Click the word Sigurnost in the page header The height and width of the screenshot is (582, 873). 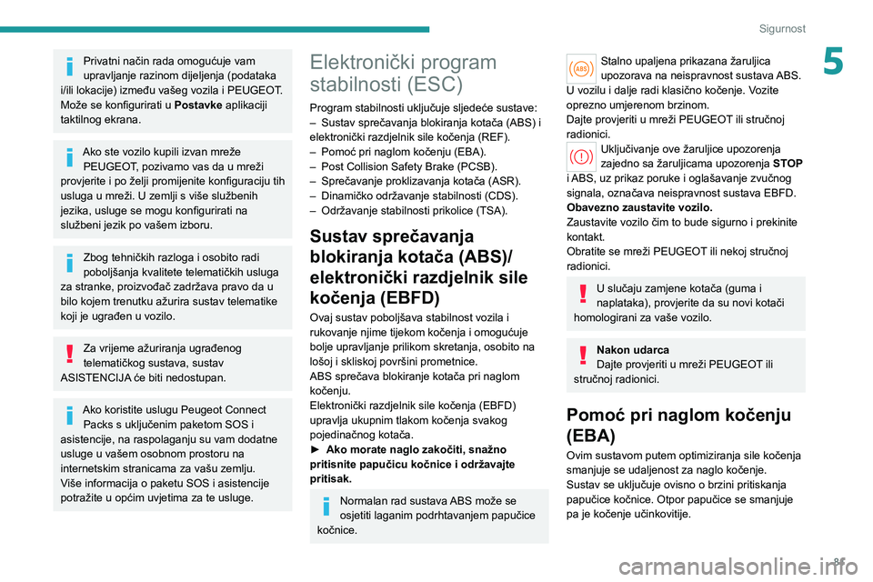pos(782,28)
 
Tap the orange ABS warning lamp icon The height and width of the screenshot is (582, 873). pos(580,68)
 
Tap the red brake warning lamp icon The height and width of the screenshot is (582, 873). pos(580,157)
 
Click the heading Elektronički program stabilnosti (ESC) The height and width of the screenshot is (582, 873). pos(404,74)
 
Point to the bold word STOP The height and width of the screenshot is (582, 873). pos(788,164)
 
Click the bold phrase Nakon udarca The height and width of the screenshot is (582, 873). pos(632,349)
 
